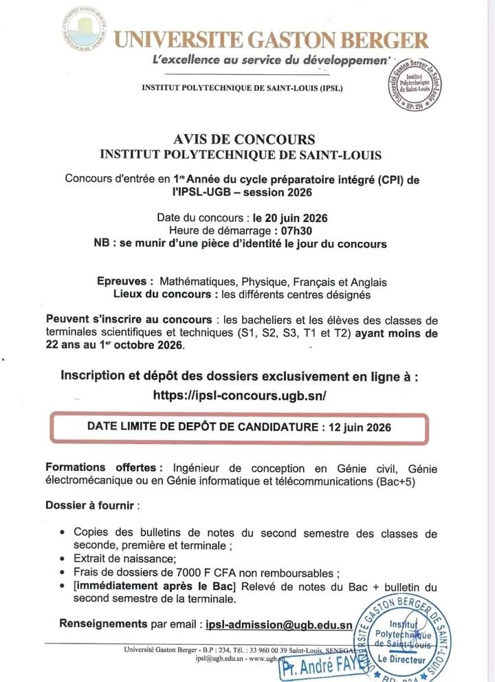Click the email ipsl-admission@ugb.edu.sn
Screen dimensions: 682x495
[x=279, y=625]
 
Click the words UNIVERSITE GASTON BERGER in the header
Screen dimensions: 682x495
[x=271, y=40]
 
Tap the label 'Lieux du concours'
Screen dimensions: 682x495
[x=159, y=294]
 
